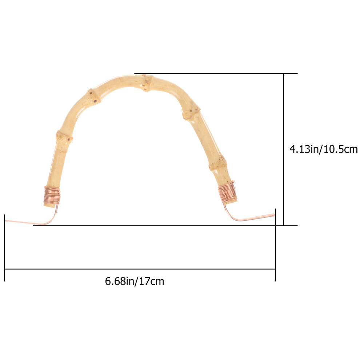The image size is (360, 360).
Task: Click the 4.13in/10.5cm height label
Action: [324, 149]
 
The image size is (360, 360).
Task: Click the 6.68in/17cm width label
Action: [135, 281]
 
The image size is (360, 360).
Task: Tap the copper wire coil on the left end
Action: [52, 195]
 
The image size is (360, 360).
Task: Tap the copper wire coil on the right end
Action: [227, 192]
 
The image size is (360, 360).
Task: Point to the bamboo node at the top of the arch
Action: [147, 83]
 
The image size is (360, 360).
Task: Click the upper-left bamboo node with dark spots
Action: [94, 97]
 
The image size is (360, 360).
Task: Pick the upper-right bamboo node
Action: [191, 113]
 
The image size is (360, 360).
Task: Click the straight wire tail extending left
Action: [25, 222]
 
